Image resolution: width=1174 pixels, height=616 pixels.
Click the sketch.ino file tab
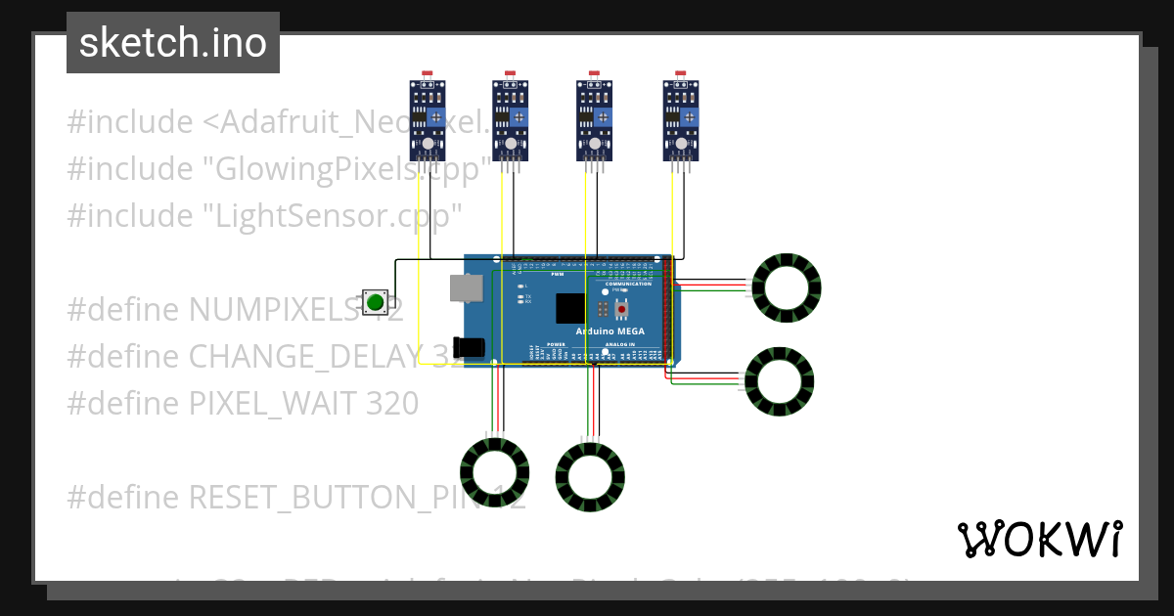(x=173, y=43)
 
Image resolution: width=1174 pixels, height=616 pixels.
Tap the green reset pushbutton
(x=375, y=302)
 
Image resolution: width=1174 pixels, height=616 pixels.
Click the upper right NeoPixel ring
(x=787, y=288)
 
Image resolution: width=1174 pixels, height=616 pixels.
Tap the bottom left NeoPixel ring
(x=494, y=472)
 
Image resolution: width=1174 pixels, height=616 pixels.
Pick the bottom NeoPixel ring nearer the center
(x=590, y=476)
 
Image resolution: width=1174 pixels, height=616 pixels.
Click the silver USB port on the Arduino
(x=466, y=287)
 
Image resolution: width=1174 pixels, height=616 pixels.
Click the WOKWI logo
(x=1039, y=539)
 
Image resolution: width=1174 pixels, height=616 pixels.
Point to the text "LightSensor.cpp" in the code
(x=332, y=215)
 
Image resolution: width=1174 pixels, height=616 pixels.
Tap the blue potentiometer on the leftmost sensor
(x=436, y=118)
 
